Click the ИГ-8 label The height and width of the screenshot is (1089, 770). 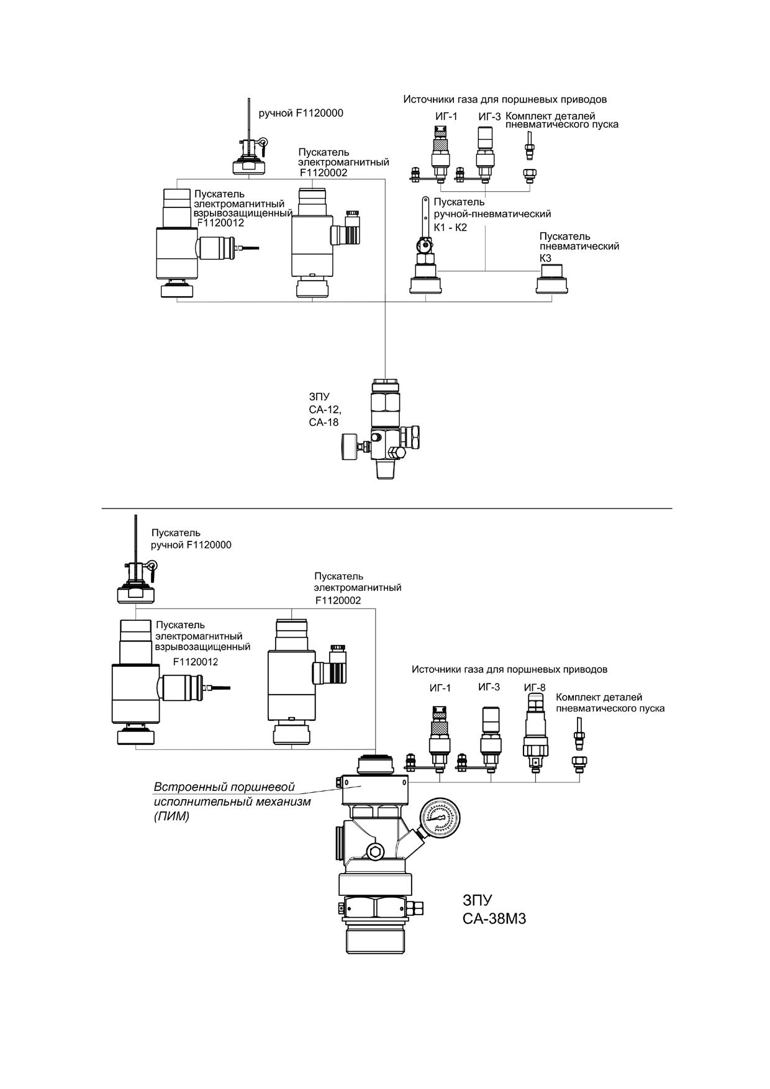pyautogui.click(x=535, y=687)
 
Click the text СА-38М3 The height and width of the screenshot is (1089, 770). pyautogui.click(x=494, y=918)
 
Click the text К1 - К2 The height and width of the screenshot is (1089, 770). pyautogui.click(x=450, y=227)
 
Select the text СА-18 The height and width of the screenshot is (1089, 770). pyautogui.click(x=324, y=422)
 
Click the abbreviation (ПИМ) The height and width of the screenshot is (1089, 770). pyautogui.click(x=171, y=816)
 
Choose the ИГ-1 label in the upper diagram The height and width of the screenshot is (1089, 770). pyautogui.click(x=446, y=116)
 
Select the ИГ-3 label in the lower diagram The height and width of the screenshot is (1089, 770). pyautogui.click(x=489, y=687)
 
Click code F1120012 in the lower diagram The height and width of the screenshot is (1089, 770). pyautogui.click(x=196, y=662)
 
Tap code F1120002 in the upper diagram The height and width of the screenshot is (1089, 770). pyautogui.click(x=324, y=173)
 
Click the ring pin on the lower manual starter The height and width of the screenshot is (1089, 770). pyautogui.click(x=151, y=566)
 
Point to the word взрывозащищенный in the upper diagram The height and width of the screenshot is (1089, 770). pyautogui.click(x=243, y=213)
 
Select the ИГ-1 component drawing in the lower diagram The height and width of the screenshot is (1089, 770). pyautogui.click(x=440, y=739)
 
